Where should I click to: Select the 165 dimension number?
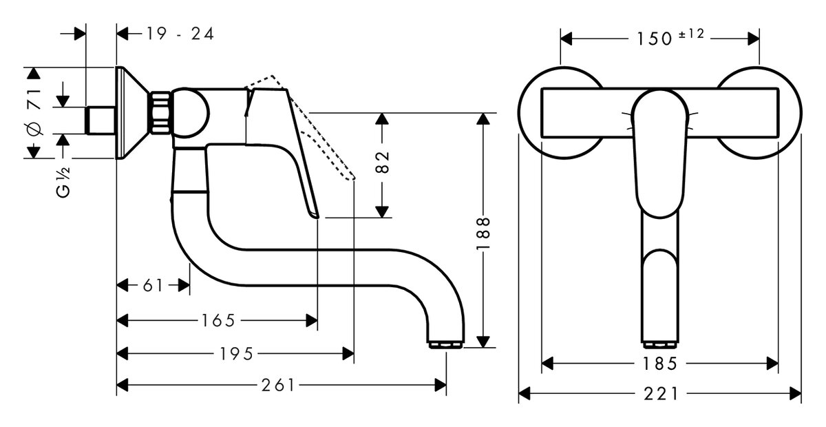coord(219,320)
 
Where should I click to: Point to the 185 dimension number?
coord(660,363)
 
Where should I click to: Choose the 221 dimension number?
coord(660,394)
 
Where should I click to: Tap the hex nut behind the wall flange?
coord(160,112)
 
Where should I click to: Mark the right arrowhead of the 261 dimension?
coord(441,386)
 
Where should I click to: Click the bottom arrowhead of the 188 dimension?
coord(485,342)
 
